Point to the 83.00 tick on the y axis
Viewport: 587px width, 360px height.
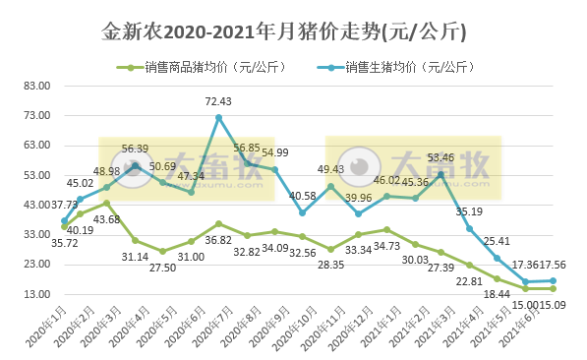tap(35, 86)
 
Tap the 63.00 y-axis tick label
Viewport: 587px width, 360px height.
tap(35, 146)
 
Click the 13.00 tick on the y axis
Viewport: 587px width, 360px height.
tap(35, 294)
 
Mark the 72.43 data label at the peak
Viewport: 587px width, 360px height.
tap(218, 101)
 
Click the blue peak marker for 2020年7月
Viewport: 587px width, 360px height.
tap(218, 118)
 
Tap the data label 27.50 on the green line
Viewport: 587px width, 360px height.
tap(162, 267)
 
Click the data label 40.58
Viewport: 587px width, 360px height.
tap(302, 196)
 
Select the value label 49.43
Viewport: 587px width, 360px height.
tap(330, 169)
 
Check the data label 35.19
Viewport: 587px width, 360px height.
tap(469, 211)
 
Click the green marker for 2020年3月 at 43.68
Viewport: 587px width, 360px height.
tap(106, 204)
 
